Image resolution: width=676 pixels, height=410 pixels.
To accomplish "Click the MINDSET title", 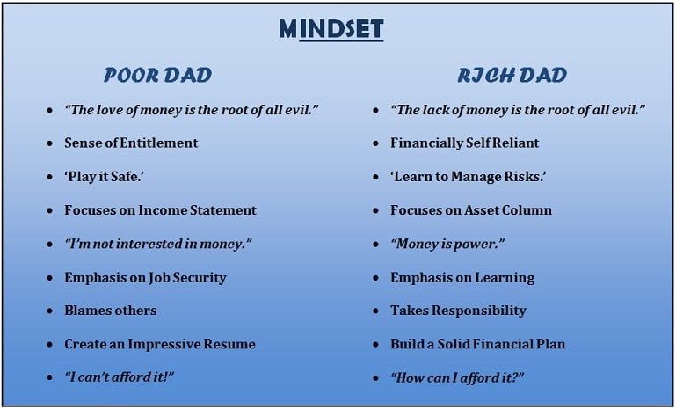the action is point(331,29).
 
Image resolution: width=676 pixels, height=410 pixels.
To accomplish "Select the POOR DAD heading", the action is point(157,76).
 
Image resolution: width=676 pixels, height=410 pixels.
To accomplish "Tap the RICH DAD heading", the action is point(512,76).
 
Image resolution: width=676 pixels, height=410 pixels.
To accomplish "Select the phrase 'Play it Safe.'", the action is point(104,177).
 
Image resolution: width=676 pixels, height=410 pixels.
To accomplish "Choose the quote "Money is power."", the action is point(447,244).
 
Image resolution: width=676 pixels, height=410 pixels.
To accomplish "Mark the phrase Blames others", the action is point(111,311).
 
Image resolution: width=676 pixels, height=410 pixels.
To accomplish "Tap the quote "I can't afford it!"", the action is point(119,377).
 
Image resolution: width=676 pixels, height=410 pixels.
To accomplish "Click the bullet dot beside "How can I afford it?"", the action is point(376,378).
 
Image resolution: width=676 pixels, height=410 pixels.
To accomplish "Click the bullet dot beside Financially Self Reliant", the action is point(376,143).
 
